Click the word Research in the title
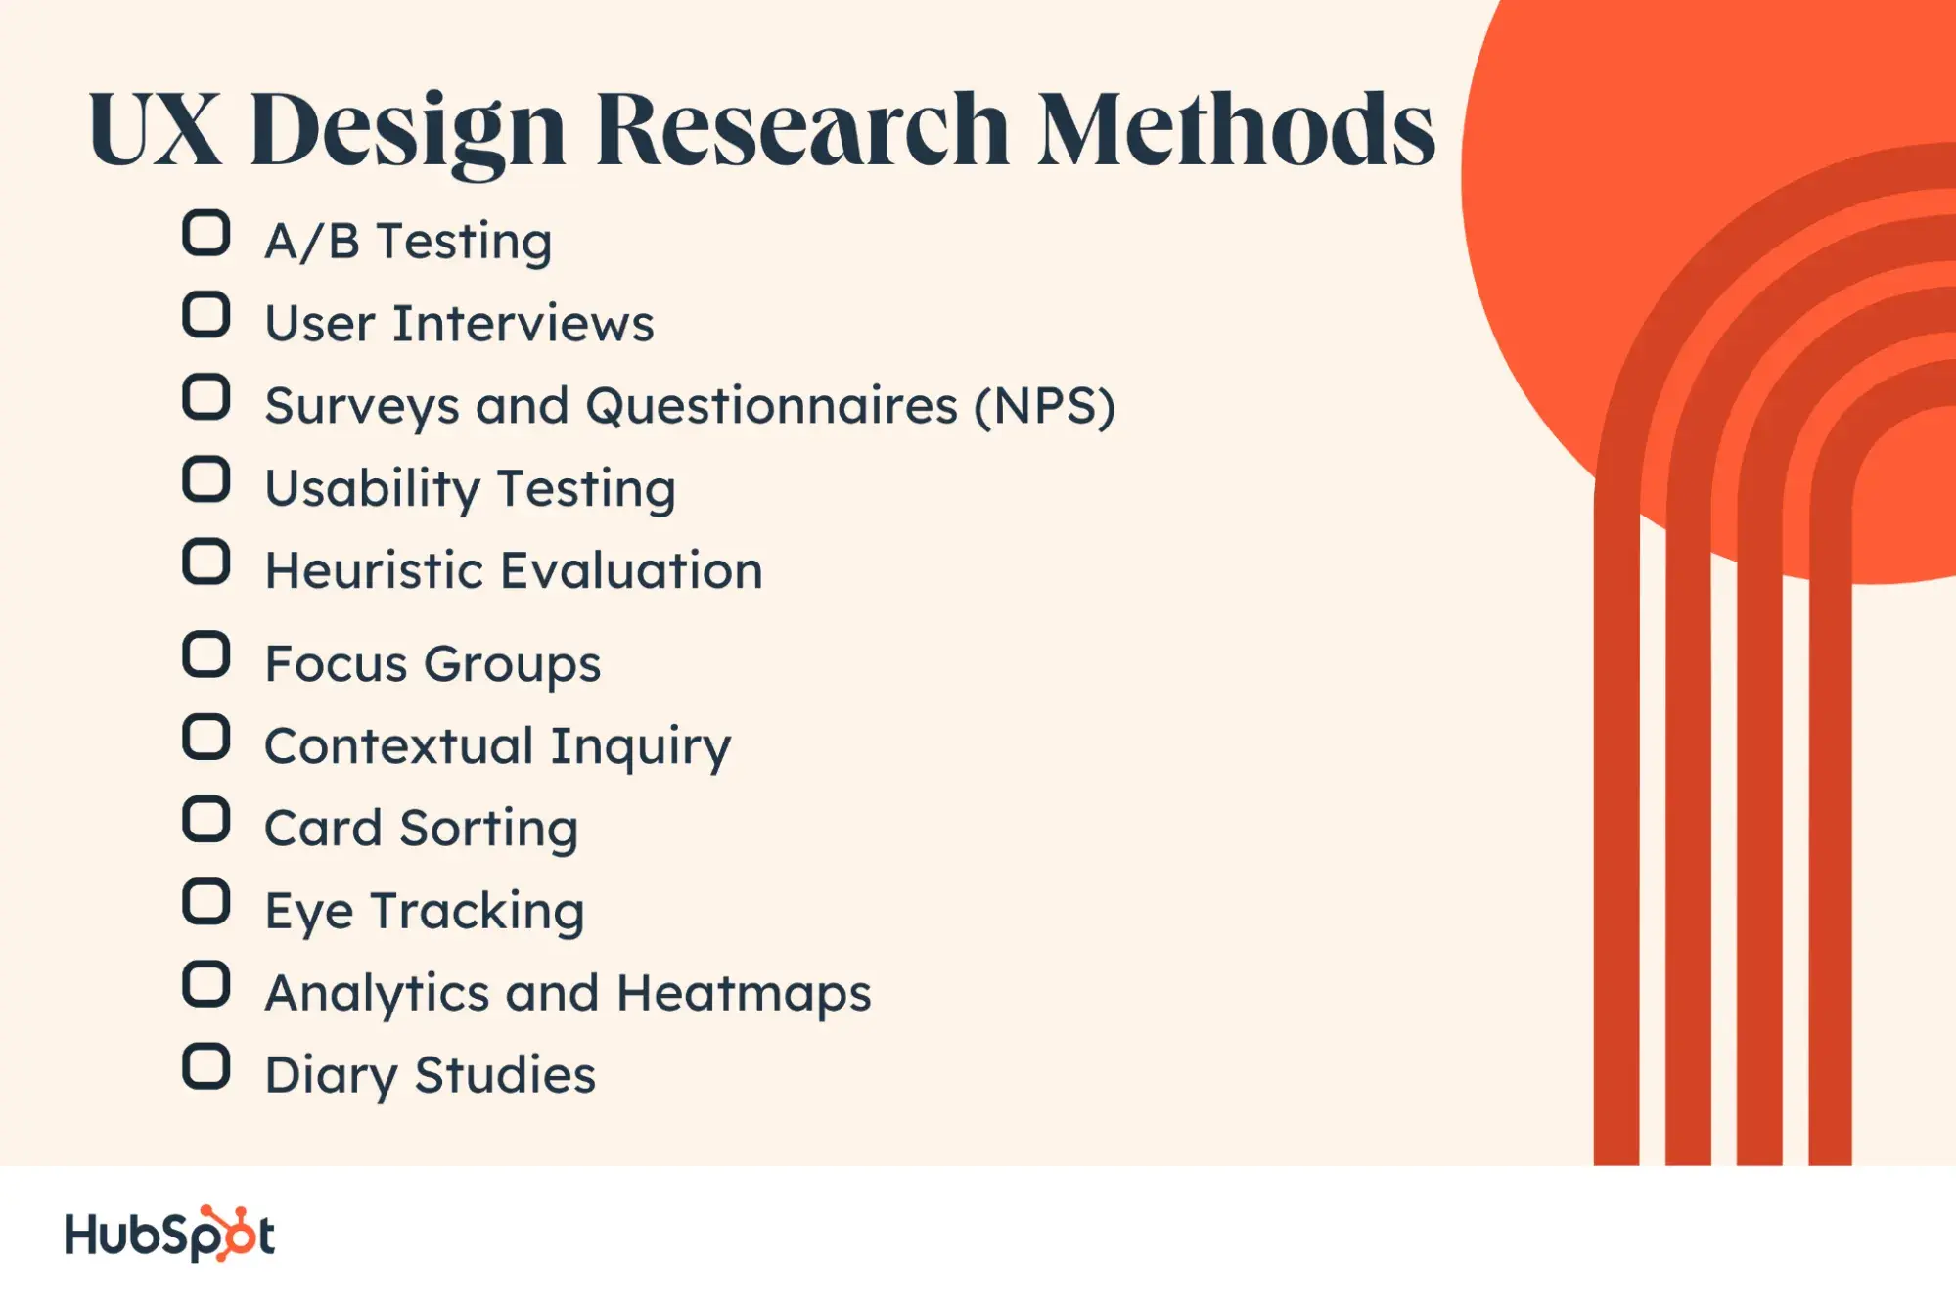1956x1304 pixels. [802, 129]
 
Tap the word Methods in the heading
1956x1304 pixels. [1236, 128]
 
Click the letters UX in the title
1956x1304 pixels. [155, 130]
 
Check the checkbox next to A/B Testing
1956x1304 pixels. [206, 234]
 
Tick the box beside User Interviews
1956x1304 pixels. [206, 315]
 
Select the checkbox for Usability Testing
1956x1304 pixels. [206, 479]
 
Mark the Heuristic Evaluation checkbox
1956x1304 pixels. [206, 562]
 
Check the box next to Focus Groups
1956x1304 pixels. [206, 654]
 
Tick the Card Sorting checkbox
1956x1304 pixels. [206, 819]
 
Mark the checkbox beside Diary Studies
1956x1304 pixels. [206, 1066]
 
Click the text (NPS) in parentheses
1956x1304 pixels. [1044, 407]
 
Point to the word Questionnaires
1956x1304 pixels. [772, 407]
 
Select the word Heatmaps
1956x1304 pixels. [744, 995]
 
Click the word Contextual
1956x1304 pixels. [398, 746]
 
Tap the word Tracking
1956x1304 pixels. [478, 913]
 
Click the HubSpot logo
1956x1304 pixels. [170, 1234]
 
